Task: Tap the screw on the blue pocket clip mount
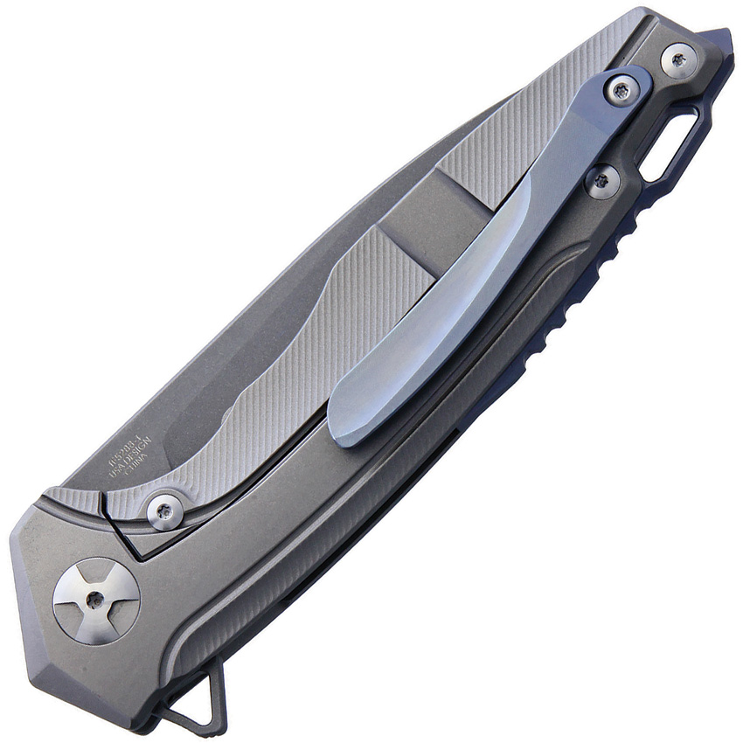coord(621,90)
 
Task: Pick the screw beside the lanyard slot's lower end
coord(602,181)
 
